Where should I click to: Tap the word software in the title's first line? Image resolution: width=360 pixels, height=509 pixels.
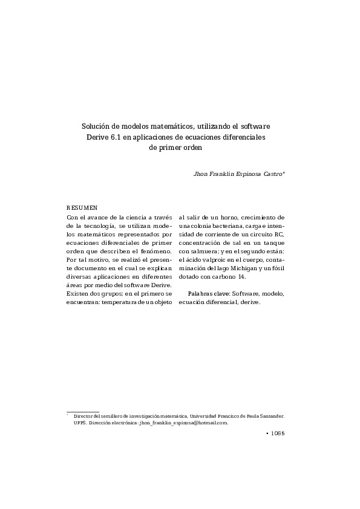[x=256, y=127]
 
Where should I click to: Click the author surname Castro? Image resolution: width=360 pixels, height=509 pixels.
[x=272, y=173]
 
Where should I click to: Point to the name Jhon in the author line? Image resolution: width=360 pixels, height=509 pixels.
[x=200, y=173]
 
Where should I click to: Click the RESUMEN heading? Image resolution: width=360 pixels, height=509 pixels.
[x=82, y=207]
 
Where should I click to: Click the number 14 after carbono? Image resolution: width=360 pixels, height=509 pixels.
[x=242, y=276]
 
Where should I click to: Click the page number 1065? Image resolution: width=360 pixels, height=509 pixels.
[x=277, y=433]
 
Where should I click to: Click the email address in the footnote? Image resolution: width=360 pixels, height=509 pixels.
[x=183, y=423]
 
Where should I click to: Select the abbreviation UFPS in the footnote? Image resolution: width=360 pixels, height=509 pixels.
[x=79, y=423]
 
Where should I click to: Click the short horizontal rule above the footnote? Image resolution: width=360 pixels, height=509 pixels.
[x=82, y=411]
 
